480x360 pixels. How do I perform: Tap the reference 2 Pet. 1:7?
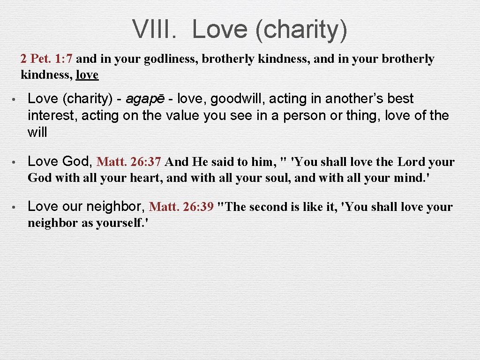[46, 59]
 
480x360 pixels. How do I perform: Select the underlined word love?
[87, 75]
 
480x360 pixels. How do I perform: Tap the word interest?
[52, 115]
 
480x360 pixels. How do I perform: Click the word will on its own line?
[37, 132]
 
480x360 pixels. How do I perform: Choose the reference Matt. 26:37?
[129, 162]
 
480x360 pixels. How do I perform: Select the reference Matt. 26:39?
[181, 207]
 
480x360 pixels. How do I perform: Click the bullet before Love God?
[15, 162]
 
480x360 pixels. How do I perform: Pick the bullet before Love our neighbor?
[15, 207]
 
